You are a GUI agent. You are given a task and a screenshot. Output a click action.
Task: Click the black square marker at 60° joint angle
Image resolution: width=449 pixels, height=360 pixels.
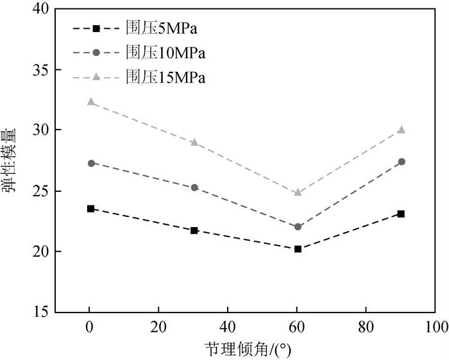(298, 248)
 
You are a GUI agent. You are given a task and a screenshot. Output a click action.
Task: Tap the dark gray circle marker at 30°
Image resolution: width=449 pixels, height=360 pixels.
(194, 187)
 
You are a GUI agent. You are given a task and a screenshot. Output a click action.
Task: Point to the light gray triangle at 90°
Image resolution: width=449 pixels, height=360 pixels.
(401, 130)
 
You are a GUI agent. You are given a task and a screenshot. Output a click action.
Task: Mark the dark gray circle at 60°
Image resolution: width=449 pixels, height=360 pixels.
(298, 227)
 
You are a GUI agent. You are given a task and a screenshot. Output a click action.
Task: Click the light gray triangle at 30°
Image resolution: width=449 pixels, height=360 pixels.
(194, 142)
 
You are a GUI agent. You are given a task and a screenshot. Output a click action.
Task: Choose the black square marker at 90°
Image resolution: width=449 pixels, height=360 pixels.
(401, 214)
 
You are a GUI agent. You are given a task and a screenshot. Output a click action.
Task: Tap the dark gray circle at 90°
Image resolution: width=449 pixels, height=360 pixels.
(401, 162)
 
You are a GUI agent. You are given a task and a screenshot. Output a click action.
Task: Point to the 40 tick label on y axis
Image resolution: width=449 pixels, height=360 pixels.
(41, 10)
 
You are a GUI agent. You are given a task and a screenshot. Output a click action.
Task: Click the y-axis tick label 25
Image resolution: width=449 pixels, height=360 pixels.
(41, 191)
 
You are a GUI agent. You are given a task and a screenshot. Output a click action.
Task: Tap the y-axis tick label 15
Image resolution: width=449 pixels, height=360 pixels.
(41, 312)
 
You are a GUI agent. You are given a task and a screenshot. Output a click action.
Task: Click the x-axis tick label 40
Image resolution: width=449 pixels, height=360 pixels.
(228, 327)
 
